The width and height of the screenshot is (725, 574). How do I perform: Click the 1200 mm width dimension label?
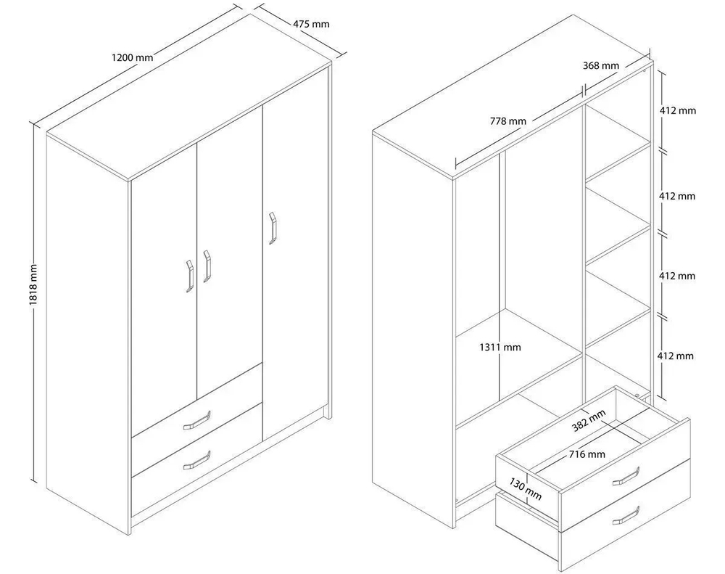click(x=132, y=57)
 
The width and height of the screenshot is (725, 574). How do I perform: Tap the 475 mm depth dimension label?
click(x=311, y=24)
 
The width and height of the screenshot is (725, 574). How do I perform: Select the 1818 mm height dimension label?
click(x=33, y=284)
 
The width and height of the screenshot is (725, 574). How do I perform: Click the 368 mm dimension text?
click(x=600, y=66)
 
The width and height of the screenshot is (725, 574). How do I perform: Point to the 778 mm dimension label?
click(x=508, y=121)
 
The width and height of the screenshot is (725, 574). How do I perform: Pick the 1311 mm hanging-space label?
click(x=500, y=347)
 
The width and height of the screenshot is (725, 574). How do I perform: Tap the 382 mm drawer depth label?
click(x=589, y=420)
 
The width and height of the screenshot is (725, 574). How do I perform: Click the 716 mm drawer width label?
click(x=587, y=454)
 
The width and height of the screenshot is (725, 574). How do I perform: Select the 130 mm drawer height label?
click(x=525, y=489)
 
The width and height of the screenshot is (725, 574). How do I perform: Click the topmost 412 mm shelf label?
click(x=677, y=110)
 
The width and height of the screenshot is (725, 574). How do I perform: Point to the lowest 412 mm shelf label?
click(x=676, y=356)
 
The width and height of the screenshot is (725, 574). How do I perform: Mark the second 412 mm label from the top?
click(x=677, y=196)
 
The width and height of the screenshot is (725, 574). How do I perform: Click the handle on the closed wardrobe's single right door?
click(x=273, y=228)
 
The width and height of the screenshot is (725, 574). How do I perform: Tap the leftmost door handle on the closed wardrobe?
click(x=189, y=276)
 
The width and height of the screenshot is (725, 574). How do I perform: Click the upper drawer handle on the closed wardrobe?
click(x=197, y=420)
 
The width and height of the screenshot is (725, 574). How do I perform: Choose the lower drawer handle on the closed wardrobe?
click(x=197, y=461)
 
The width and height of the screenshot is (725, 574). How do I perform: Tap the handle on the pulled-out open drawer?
click(x=626, y=477)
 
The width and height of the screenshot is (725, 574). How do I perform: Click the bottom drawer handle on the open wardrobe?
click(x=626, y=516)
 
